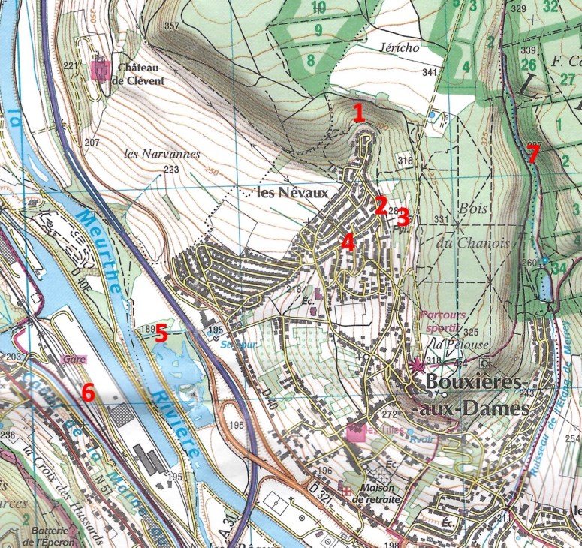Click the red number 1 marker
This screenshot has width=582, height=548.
click(x=359, y=113)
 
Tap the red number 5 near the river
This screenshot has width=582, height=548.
click(x=161, y=333)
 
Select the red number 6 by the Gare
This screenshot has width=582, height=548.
click(x=89, y=391)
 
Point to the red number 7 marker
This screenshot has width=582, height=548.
click(x=532, y=155)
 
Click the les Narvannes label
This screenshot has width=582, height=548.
click(x=162, y=154)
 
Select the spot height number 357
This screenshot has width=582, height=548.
click(x=172, y=27)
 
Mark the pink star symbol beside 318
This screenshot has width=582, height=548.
click(x=418, y=366)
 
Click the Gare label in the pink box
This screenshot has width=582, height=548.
click(x=72, y=359)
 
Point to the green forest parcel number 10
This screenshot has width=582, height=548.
click(x=318, y=8)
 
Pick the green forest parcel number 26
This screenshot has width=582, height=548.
click(x=528, y=65)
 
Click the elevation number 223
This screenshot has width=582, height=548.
click(x=171, y=170)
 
